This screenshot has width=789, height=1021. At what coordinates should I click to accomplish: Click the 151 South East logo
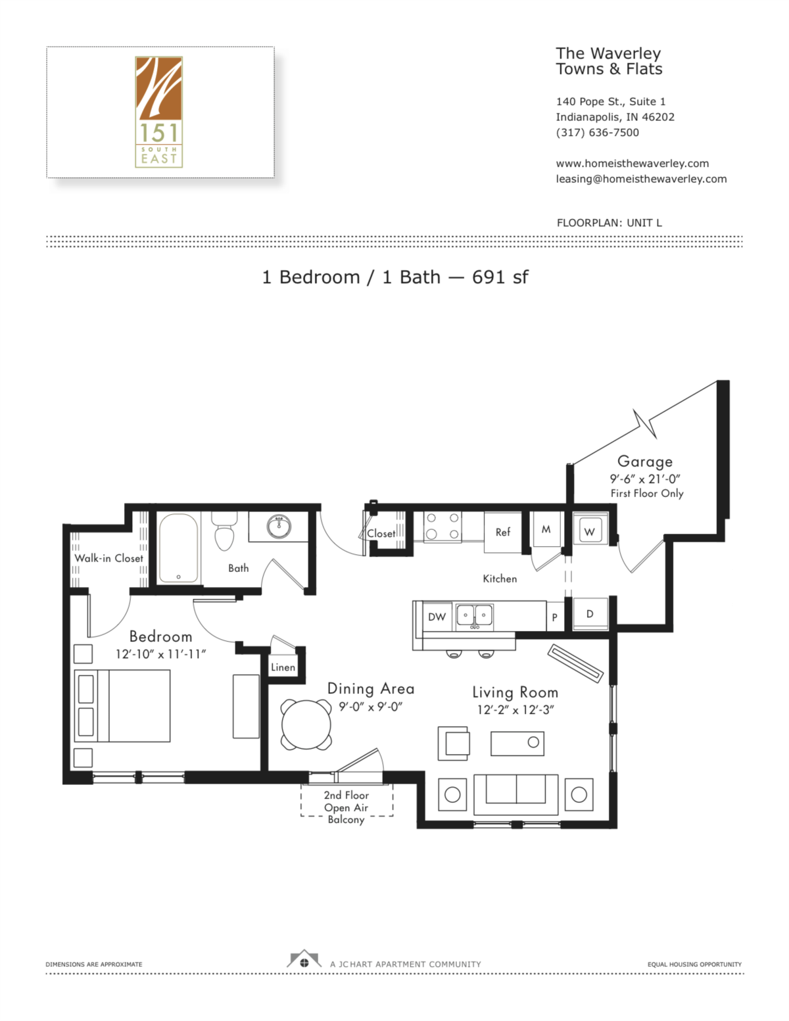(158, 112)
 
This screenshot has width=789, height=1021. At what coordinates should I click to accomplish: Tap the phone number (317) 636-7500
(597, 132)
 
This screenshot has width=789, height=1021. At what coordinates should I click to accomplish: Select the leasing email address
(641, 179)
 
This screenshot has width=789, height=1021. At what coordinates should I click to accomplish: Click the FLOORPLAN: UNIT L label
(609, 223)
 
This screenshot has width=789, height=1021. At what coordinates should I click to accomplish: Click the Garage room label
(644, 462)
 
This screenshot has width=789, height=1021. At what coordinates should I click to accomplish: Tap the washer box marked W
(590, 531)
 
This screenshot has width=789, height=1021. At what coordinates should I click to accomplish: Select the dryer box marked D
(590, 614)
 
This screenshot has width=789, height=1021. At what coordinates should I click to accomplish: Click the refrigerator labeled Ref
(503, 532)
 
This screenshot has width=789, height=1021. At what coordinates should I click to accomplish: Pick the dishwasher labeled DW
(437, 617)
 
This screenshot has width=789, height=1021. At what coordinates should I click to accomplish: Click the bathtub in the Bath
(178, 548)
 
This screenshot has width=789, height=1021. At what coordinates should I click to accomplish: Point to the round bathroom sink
(279, 526)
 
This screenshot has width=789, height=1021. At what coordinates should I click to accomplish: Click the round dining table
(306, 724)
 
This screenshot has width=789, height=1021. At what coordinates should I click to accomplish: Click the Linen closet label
(283, 667)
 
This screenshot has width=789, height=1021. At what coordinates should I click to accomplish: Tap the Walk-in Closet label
(108, 558)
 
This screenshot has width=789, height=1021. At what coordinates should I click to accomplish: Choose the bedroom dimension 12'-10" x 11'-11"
(160, 654)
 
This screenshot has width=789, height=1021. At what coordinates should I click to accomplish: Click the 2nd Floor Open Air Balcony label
(346, 807)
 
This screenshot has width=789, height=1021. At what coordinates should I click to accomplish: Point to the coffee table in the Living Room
(517, 743)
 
